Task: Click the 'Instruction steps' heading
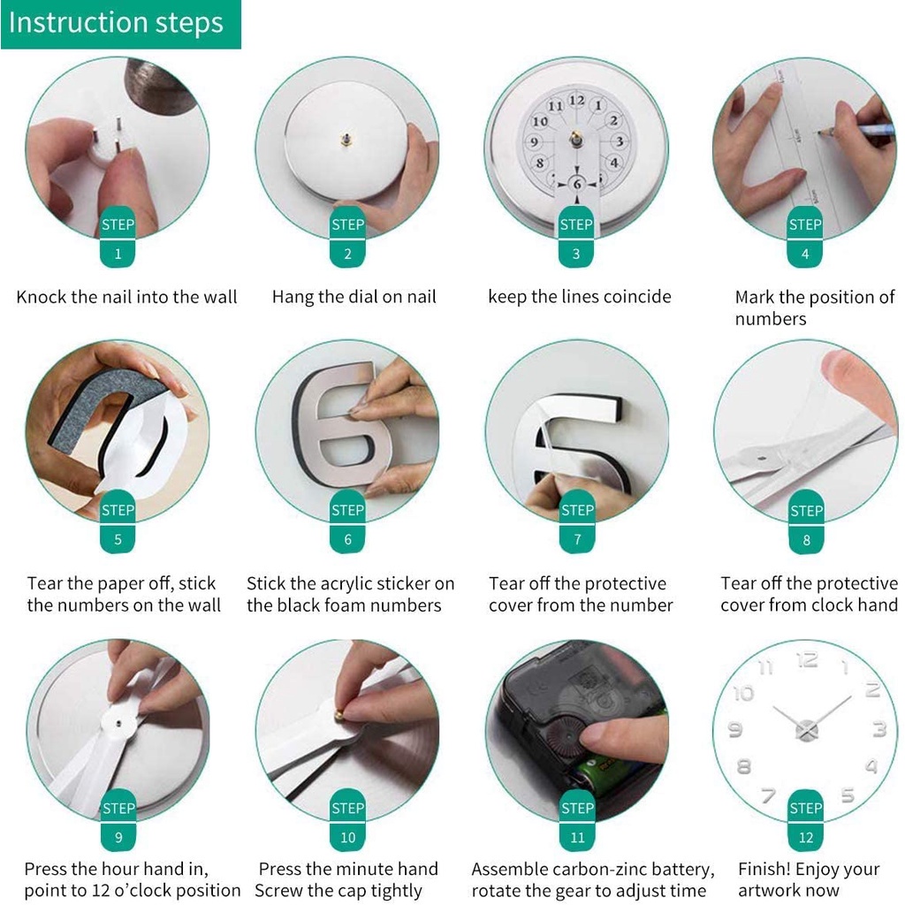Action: pyautogui.click(x=116, y=23)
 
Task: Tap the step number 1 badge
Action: pyautogui.click(x=118, y=255)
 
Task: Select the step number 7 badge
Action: pyautogui.click(x=577, y=540)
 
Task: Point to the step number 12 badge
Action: pyautogui.click(x=806, y=837)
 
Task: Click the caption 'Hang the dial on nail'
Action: pyautogui.click(x=354, y=297)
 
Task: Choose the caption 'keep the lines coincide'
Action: pyautogui.click(x=579, y=297)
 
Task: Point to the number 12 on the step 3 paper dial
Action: pyautogui.click(x=576, y=101)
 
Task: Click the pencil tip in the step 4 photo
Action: pyautogui.click(x=822, y=133)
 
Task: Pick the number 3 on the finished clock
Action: pyautogui.click(x=878, y=729)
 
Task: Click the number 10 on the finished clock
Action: pyautogui.click(x=744, y=693)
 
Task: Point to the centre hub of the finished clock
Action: pyautogui.click(x=806, y=729)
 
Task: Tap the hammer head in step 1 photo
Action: pyautogui.click(x=161, y=85)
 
